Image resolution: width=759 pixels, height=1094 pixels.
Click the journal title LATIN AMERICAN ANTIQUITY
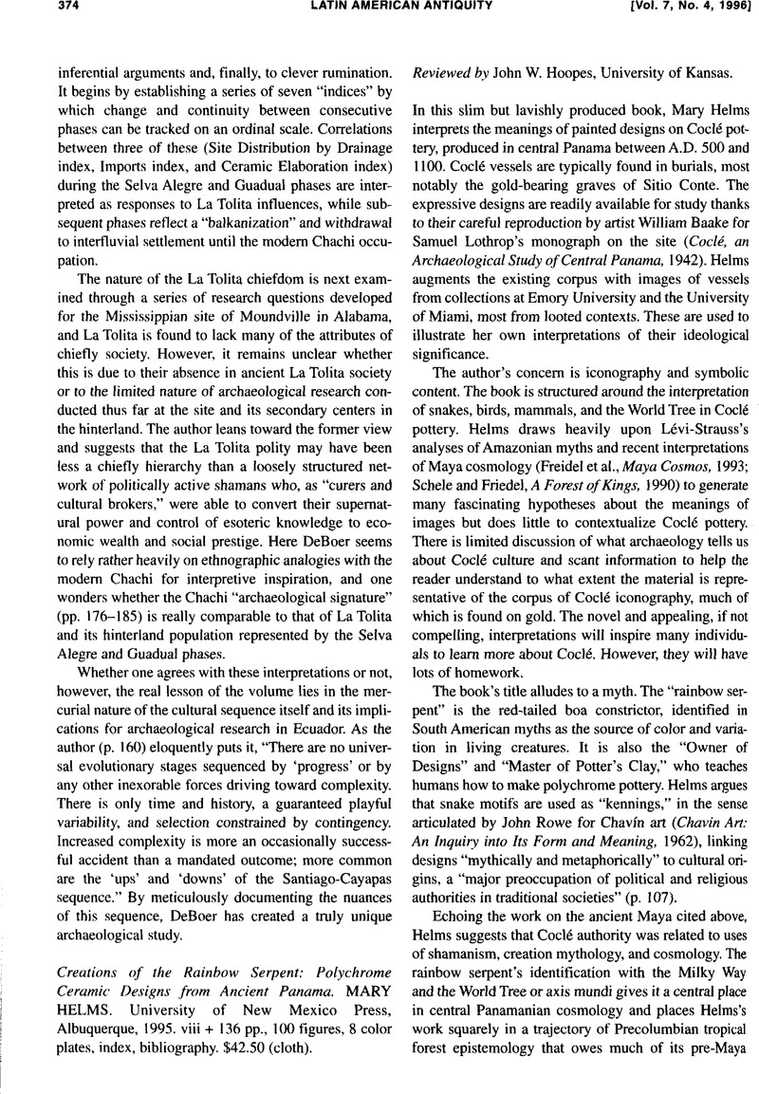coord(379,9)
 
